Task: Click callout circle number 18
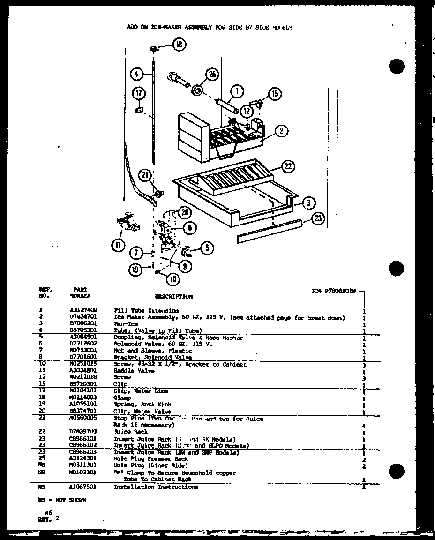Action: tap(179, 45)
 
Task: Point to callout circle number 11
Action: tap(117, 244)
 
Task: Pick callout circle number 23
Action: tap(318, 217)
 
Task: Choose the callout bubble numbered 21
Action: tap(146, 176)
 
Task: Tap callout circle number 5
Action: tap(206, 247)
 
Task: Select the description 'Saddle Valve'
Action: tap(128, 371)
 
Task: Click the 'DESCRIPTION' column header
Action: tap(173, 297)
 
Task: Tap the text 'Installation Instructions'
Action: tap(156, 487)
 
